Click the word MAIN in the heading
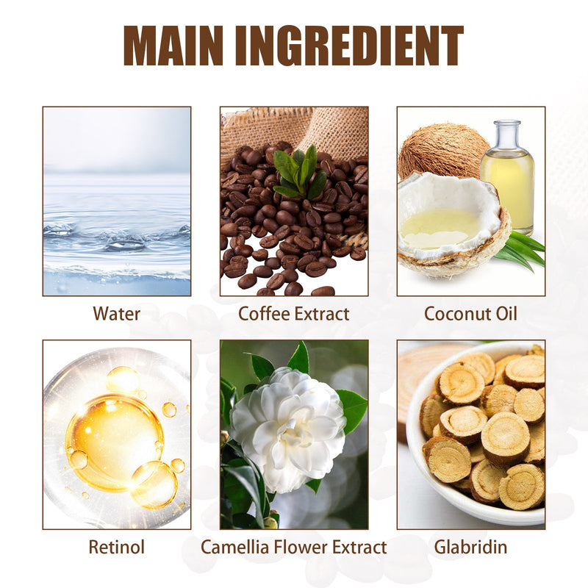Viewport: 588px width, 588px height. tap(173, 46)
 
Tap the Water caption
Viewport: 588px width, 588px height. tap(117, 314)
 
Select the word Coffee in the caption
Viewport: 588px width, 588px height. tap(263, 314)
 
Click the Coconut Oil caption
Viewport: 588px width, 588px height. tap(470, 314)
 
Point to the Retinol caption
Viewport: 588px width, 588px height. tap(117, 547)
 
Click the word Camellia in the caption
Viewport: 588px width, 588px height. tap(234, 547)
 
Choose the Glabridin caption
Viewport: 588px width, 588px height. tap(470, 547)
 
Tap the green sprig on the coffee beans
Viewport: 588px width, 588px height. tap(300, 173)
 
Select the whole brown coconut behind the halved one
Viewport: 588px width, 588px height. tap(442, 152)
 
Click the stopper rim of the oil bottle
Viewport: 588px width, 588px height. tap(507, 123)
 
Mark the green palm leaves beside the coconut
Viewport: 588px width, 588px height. tap(520, 250)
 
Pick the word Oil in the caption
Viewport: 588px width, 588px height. tap(506, 314)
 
